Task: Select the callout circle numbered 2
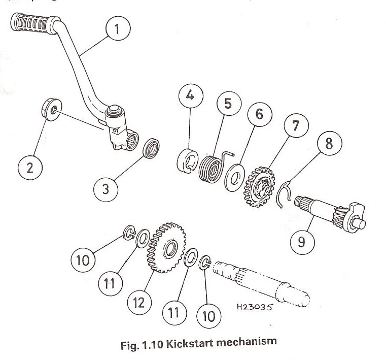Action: tap(30, 168)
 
